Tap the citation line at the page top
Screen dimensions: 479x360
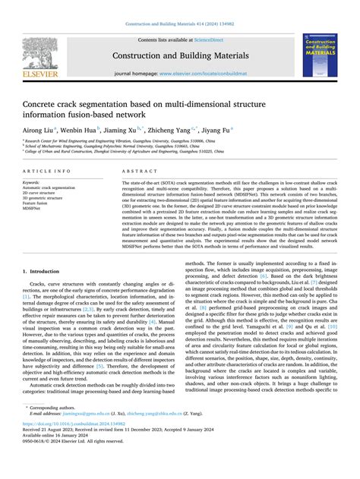(x=179, y=6)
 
